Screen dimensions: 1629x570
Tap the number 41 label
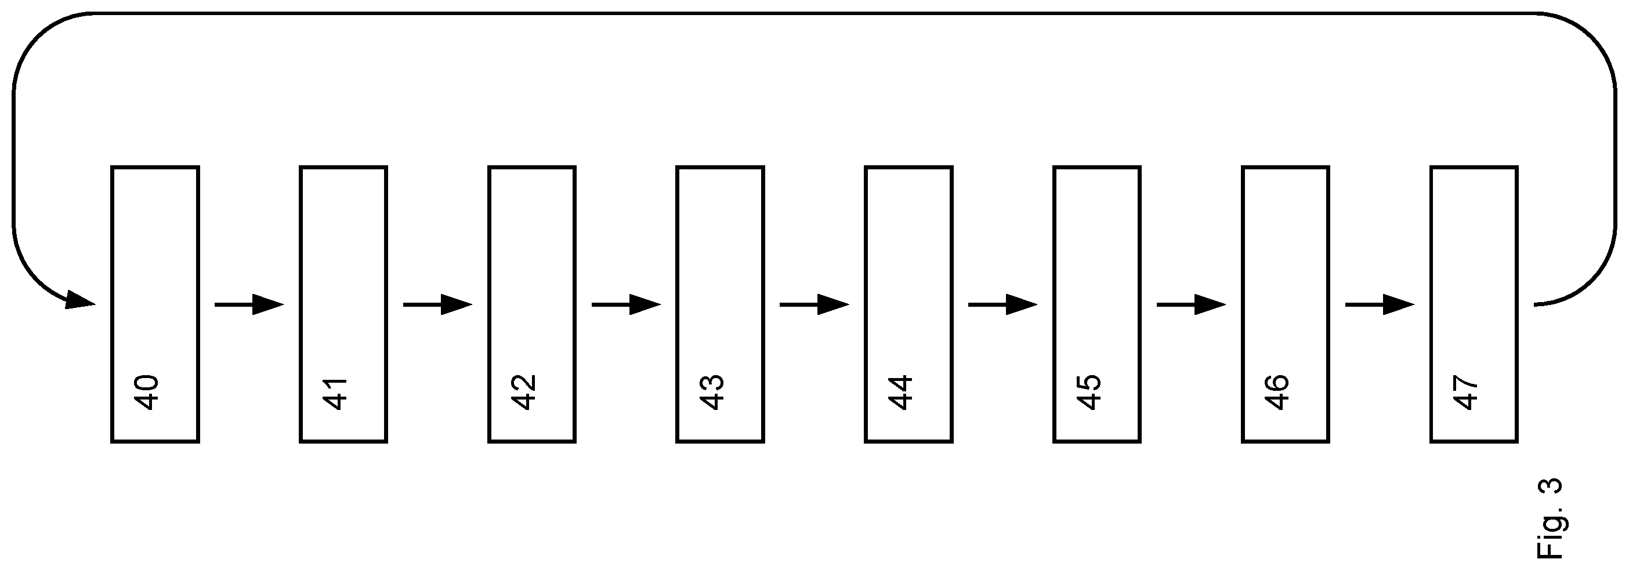click(x=336, y=393)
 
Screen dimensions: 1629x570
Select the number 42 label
click(x=524, y=393)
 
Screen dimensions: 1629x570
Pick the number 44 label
click(x=901, y=393)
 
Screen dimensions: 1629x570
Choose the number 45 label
click(x=1089, y=393)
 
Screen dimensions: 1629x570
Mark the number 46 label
click(x=1278, y=393)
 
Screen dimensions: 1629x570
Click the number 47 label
click(x=1467, y=393)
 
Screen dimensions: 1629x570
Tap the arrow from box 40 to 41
click(x=249, y=304)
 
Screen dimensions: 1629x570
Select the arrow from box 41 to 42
click(x=437, y=304)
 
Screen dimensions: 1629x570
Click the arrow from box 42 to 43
click(x=626, y=304)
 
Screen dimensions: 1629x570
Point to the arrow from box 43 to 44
click(x=815, y=304)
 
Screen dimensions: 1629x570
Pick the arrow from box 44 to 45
click(x=1003, y=304)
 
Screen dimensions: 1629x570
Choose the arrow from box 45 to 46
click(x=1192, y=304)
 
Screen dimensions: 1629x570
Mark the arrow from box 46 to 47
click(x=1380, y=304)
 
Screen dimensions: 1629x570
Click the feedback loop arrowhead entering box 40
click(x=79, y=300)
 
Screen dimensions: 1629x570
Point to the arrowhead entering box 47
click(x=1398, y=304)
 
